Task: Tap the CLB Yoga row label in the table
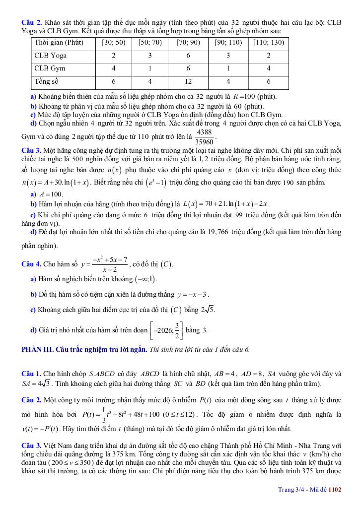(x=50, y=56)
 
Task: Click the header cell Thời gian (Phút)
(x=59, y=43)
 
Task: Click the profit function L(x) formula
(x=226, y=204)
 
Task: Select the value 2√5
(x=207, y=310)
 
